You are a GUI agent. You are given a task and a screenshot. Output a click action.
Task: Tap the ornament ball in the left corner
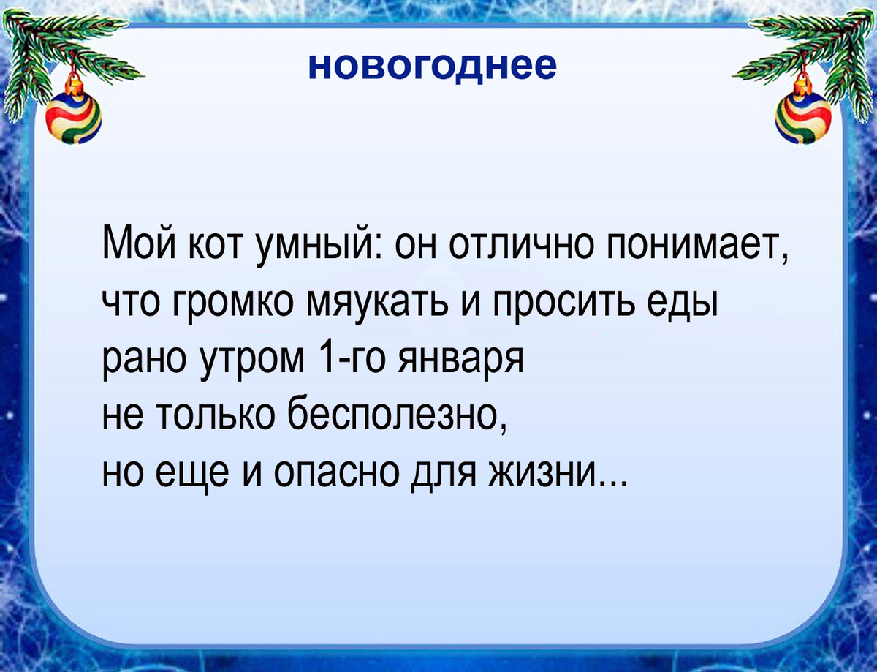[74, 118]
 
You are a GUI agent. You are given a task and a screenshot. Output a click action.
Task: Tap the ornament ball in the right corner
[803, 118]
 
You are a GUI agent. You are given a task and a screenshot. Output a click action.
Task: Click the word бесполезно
[395, 418]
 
